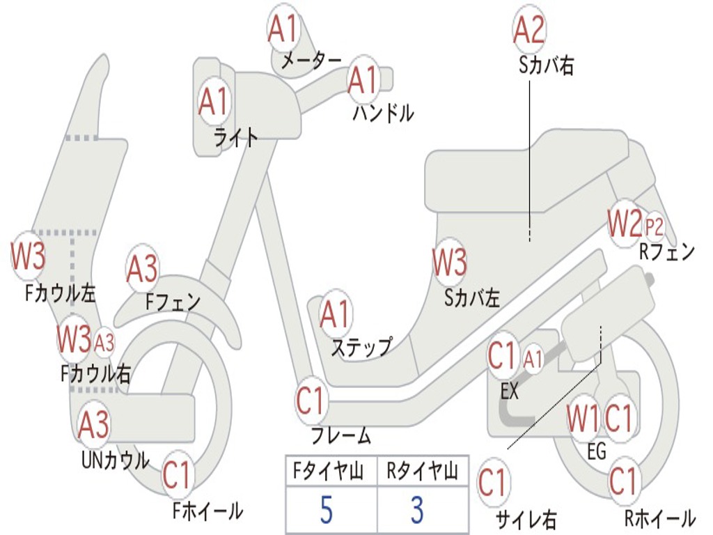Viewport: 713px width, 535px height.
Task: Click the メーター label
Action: point(311,62)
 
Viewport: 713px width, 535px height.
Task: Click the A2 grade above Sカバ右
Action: point(528,30)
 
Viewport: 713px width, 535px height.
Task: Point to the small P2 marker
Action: point(655,226)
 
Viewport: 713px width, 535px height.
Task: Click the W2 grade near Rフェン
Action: point(624,223)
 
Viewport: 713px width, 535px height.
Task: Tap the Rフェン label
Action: point(667,252)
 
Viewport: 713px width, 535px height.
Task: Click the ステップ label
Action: point(361,346)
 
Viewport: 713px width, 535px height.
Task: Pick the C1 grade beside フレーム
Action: point(311,402)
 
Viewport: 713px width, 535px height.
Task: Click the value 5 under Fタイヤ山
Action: point(326,510)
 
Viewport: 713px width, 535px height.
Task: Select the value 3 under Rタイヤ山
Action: point(417,510)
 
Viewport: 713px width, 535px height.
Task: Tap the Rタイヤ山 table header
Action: point(422,472)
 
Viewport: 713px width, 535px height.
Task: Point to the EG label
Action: point(597,451)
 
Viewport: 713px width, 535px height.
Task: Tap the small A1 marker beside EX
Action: point(533,359)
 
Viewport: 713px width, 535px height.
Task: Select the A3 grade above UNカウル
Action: point(93,424)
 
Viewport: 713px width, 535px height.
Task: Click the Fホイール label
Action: point(207,511)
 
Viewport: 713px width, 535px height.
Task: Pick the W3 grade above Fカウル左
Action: point(28,256)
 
